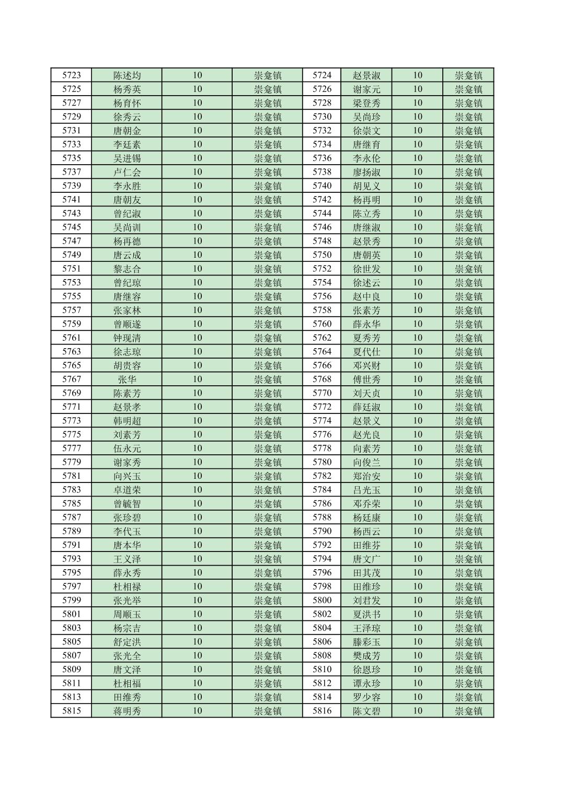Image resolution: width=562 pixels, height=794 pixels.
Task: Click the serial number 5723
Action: (72, 75)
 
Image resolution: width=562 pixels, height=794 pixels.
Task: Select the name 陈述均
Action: (127, 75)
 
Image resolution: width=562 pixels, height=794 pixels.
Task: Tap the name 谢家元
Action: (366, 89)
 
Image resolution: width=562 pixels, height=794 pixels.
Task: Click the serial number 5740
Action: (322, 186)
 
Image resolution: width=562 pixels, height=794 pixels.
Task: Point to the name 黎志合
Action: (127, 269)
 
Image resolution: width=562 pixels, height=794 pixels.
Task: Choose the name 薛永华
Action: (366, 324)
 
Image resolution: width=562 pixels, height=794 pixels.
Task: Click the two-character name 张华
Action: (127, 379)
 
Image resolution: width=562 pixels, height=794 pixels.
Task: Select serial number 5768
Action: (322, 379)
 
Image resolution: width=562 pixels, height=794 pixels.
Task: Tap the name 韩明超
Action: (127, 421)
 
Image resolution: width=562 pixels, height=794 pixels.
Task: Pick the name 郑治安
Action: (366, 476)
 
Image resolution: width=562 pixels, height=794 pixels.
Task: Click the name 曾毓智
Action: (127, 504)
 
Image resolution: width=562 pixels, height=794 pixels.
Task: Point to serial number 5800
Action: (322, 601)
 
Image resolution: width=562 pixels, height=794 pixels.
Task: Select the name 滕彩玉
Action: (366, 642)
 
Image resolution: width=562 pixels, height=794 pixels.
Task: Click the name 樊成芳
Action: (366, 655)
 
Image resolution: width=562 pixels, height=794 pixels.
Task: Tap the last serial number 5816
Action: (322, 711)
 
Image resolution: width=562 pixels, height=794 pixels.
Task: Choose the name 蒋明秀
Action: (127, 711)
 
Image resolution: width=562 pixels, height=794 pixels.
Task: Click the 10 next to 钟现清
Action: (197, 338)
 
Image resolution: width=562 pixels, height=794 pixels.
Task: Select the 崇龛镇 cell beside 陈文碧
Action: (468, 711)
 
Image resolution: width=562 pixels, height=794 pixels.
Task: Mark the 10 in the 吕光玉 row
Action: (417, 490)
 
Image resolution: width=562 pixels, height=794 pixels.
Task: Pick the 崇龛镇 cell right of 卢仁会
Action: (268, 172)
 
